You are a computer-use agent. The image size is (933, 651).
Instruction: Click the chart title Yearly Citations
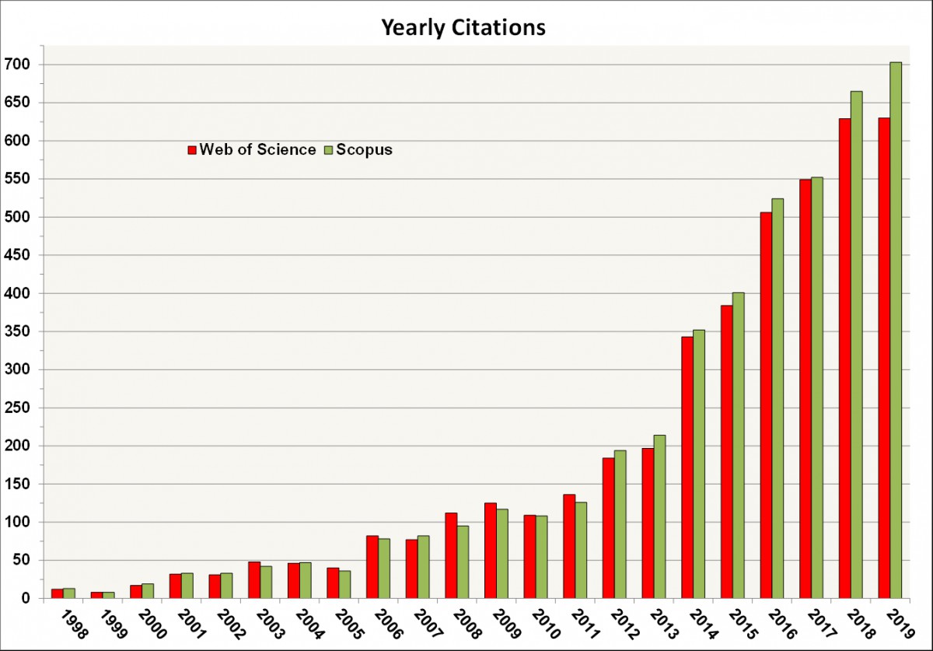coord(463,28)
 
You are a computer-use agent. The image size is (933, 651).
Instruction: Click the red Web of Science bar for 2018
coord(844,359)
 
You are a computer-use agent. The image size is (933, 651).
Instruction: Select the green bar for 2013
coord(659,516)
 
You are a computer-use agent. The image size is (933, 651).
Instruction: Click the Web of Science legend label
coord(257,150)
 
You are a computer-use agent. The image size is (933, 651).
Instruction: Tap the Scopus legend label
coord(364,150)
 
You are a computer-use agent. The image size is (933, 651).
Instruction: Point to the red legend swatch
coord(192,150)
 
